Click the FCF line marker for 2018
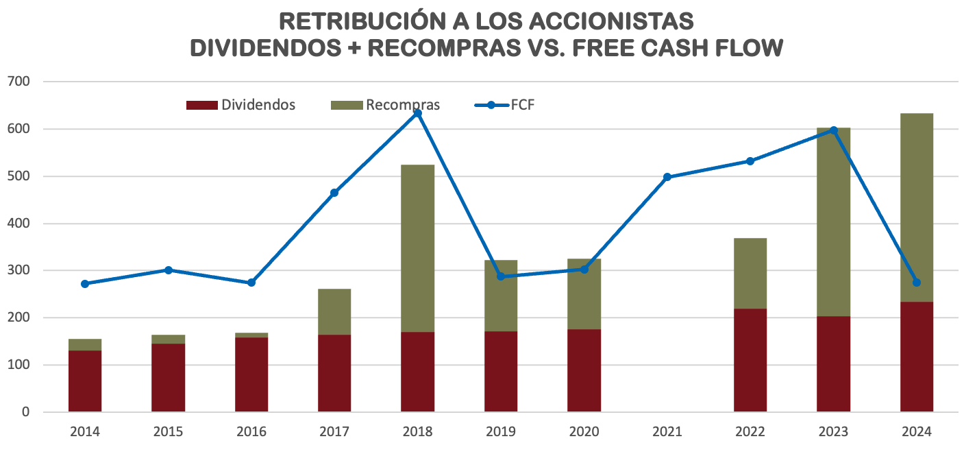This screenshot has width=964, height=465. click(x=418, y=113)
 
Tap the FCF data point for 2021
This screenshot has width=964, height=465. click(x=667, y=177)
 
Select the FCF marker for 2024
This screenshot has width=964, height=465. click(x=917, y=283)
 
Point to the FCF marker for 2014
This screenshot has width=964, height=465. click(x=85, y=283)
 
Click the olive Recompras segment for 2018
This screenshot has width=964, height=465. click(x=418, y=248)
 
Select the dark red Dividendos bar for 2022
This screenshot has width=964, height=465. click(x=750, y=360)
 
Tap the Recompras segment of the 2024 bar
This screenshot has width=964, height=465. click(x=917, y=207)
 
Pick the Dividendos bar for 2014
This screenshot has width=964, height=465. click(x=85, y=381)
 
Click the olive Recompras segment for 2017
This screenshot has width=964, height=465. click(x=334, y=311)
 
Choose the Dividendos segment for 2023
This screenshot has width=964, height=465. click(x=833, y=363)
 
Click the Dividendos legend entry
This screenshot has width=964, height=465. click(x=241, y=105)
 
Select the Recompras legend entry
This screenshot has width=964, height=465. click(x=386, y=105)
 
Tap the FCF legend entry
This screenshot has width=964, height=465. click(x=505, y=105)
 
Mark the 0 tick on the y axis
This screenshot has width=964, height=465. click(x=26, y=412)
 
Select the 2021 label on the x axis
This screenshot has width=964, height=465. click(x=667, y=432)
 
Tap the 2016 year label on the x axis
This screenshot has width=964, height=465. click(x=251, y=432)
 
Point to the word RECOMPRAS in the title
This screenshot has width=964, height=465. click(x=446, y=47)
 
